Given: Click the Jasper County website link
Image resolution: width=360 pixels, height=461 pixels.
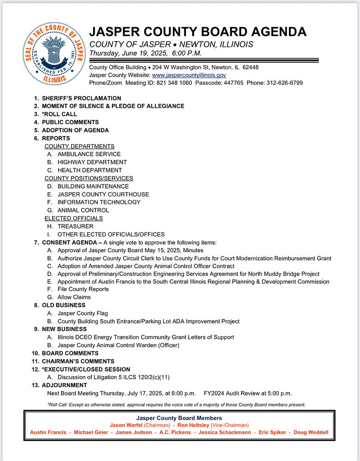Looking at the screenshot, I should [x=189, y=75].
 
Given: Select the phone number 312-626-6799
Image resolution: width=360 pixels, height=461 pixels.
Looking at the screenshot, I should [x=284, y=83].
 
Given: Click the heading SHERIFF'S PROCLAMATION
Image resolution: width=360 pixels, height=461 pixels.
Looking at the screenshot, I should [x=82, y=98].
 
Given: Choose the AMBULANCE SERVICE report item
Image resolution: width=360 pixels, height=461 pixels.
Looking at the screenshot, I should [x=89, y=154].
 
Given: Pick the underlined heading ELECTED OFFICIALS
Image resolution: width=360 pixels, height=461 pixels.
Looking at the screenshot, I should [x=74, y=218].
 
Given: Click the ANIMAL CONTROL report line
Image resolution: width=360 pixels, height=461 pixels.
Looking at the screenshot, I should [x=83, y=210].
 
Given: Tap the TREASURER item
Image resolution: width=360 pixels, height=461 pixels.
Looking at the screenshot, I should [x=76, y=226].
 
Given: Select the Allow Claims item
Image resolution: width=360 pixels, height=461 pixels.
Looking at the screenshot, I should [x=74, y=297].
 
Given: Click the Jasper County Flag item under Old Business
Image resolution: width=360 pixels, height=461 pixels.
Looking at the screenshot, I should [x=83, y=313].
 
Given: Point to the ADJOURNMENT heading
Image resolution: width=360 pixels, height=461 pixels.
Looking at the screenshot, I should [x=65, y=385].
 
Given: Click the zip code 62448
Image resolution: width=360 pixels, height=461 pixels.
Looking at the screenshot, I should [x=249, y=67].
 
